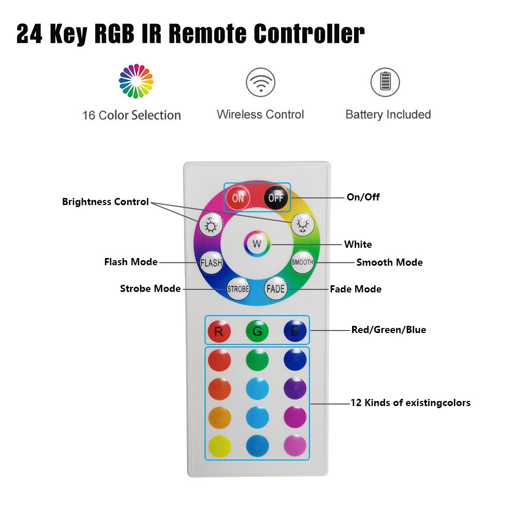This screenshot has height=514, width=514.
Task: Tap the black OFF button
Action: (276, 198)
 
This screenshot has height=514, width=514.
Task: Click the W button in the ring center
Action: (257, 244)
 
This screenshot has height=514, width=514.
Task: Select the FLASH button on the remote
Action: (211, 263)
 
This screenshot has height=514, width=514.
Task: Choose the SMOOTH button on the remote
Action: (303, 262)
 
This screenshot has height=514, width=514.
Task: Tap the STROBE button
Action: (238, 289)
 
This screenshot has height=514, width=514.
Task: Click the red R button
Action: (219, 331)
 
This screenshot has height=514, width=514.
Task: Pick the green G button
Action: (258, 331)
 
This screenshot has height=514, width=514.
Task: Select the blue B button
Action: (295, 331)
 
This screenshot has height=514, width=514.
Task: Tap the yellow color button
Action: (219, 446)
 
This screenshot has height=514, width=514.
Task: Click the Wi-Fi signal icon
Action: (261, 82)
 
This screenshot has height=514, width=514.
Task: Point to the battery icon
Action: (385, 82)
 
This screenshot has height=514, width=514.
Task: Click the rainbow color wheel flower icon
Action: (136, 81)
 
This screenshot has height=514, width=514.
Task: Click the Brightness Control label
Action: (105, 201)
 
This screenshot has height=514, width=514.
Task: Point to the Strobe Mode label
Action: (151, 288)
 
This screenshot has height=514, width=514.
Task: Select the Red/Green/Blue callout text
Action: (389, 330)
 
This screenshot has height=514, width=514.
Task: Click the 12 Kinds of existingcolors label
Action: (410, 402)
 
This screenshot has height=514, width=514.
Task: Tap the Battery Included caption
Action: (388, 115)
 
